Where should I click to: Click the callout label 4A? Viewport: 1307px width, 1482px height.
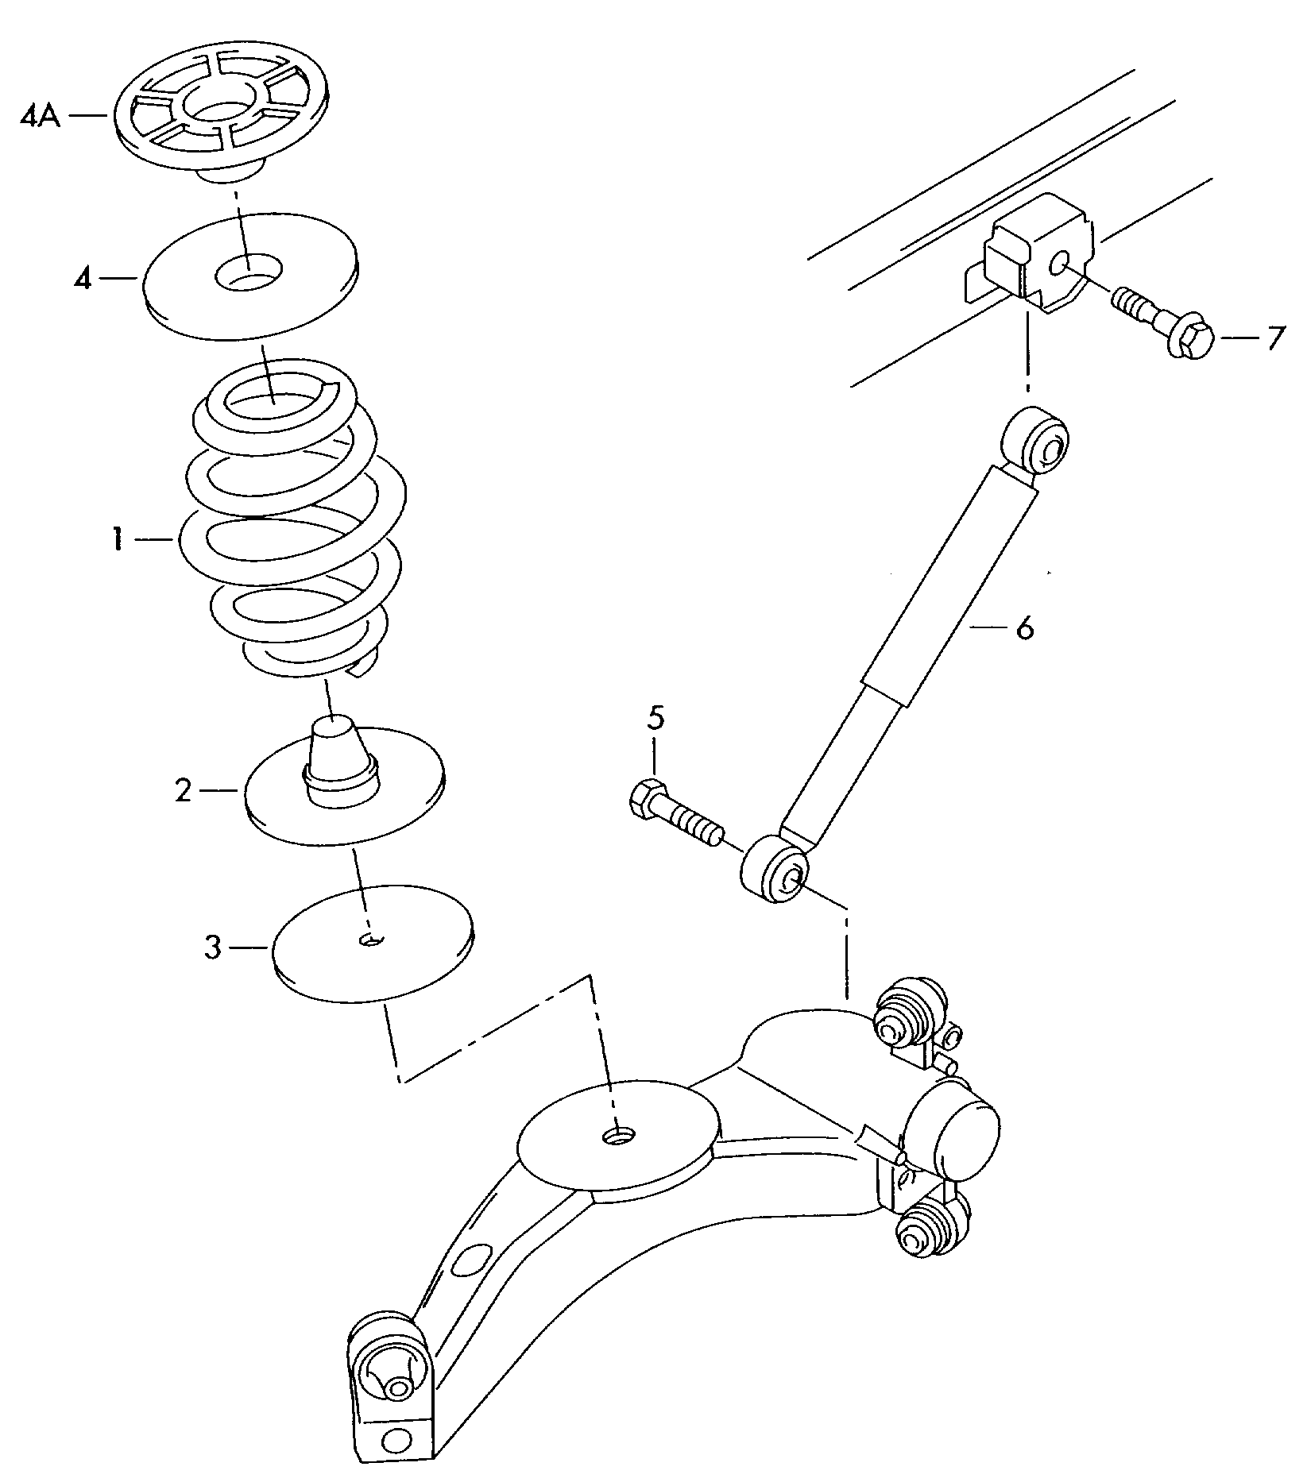[40, 118]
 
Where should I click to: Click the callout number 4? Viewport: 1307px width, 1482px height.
[83, 279]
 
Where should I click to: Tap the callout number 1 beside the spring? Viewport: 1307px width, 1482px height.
[117, 541]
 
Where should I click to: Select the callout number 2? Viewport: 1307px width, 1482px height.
[184, 790]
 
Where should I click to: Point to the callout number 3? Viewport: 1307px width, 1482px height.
[212, 947]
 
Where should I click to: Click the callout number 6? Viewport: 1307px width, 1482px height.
[1024, 629]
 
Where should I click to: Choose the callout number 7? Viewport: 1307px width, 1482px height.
[1275, 339]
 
